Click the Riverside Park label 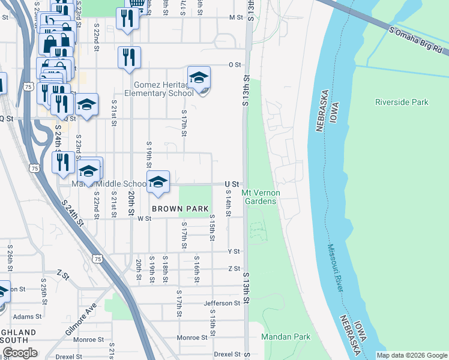point(402,102)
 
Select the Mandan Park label point(286,337)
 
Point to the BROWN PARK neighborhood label point(180,209)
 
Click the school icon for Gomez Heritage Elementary point(199,78)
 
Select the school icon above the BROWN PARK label point(158,182)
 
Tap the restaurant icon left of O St point(129,58)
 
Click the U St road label point(232,184)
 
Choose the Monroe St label point(191,337)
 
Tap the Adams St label point(28,316)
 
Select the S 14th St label point(229,204)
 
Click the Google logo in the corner point(20,353)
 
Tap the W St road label point(143,219)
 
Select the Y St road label point(234,251)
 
